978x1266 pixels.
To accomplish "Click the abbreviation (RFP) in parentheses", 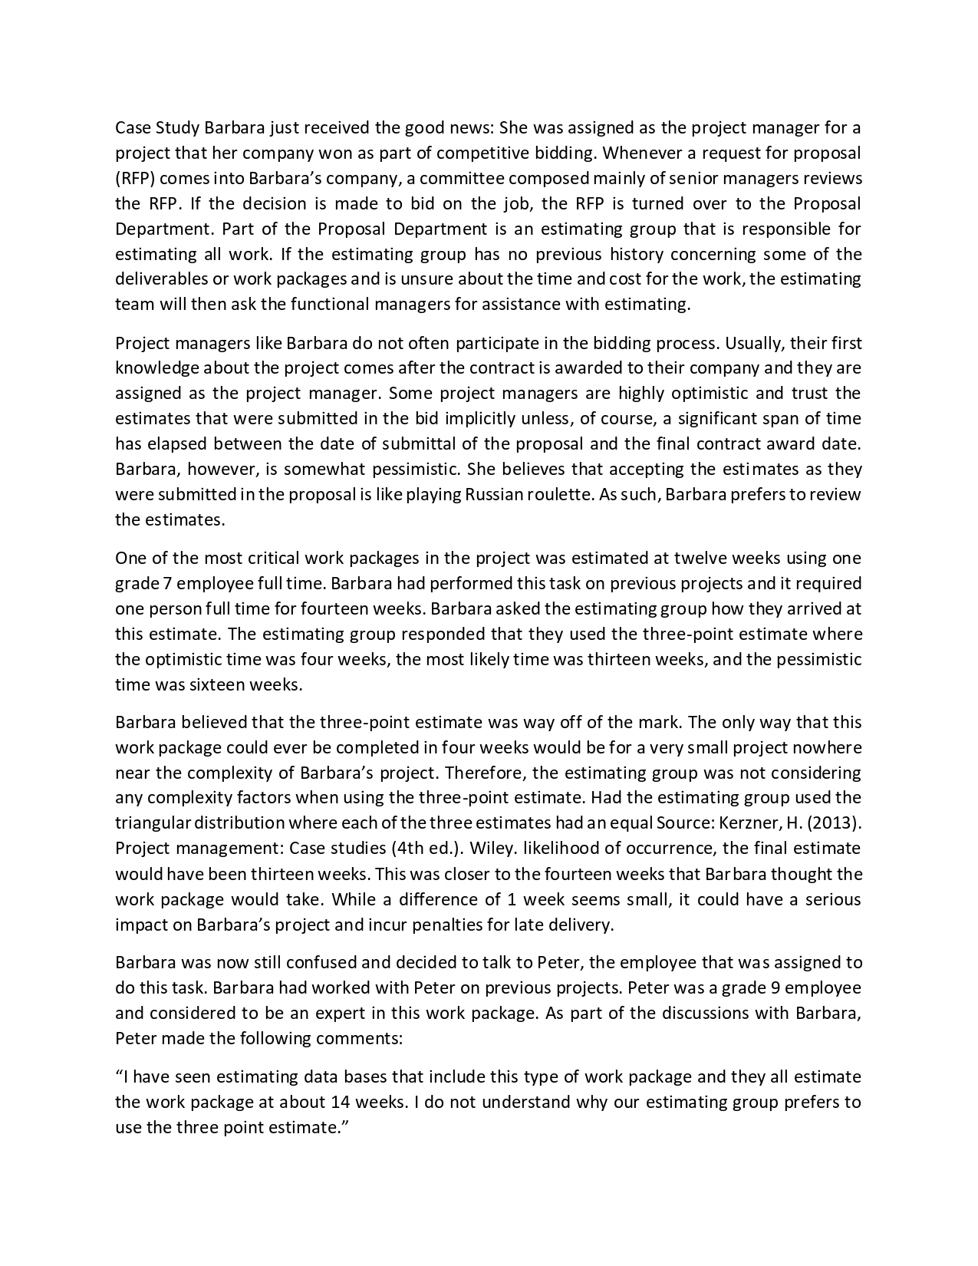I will click(135, 179).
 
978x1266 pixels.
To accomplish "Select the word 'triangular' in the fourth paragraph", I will click(153, 823).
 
